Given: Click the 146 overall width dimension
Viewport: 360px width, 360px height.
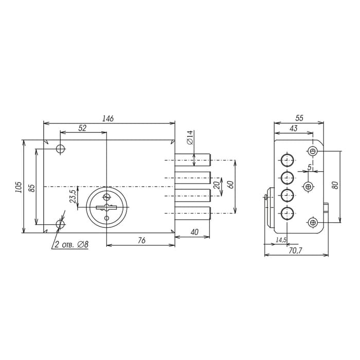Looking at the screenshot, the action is [x=108, y=118].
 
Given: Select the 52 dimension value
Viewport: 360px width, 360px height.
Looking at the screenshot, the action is [x=82, y=128].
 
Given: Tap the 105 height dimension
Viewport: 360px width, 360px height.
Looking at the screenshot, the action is [x=19, y=187].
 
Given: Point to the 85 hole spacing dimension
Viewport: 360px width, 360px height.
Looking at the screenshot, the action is [x=32, y=188].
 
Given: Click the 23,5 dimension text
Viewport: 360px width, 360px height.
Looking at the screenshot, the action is [x=73, y=196].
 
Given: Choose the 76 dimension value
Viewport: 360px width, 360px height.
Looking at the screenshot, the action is [x=141, y=240].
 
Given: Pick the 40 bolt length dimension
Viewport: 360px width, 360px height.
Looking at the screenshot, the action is [x=194, y=232].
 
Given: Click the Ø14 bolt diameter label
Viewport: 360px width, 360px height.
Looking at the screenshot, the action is [x=190, y=137].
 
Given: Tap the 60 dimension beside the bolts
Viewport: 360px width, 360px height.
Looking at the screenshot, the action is [x=231, y=185].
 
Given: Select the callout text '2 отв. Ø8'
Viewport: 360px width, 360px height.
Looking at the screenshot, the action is [x=71, y=244].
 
